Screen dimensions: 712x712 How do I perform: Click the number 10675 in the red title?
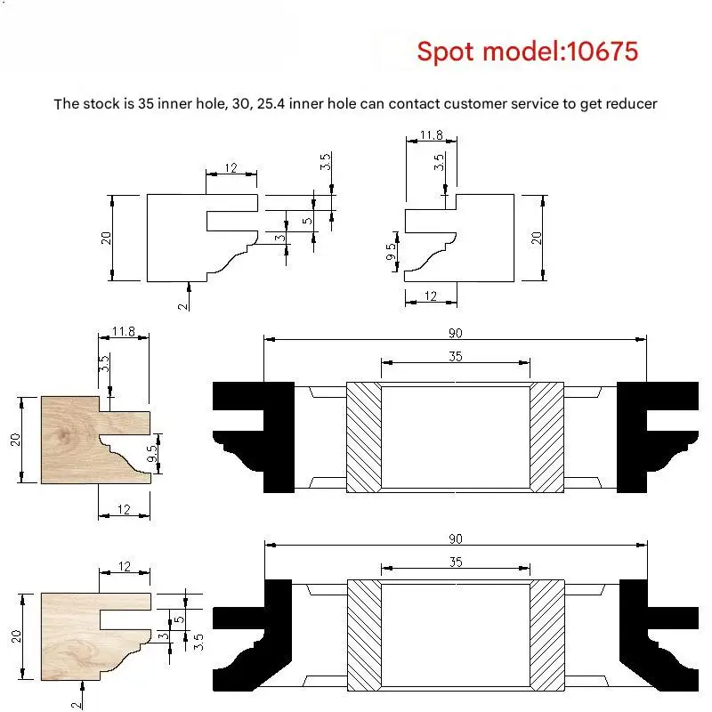coord(603,51)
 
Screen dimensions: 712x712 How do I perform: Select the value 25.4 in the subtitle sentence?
coord(271,104)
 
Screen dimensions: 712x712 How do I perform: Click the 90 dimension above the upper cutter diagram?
coord(455,333)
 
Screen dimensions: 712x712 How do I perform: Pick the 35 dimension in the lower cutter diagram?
coord(456,562)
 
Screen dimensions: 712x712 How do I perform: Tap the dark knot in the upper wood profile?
coord(64,435)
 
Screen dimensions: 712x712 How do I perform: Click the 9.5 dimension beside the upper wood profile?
coord(153,453)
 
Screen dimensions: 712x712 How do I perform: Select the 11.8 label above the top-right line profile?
coord(431,135)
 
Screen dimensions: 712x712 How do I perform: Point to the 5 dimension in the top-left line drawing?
coord(307,221)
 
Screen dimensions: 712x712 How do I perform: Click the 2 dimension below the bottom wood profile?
coord(77,705)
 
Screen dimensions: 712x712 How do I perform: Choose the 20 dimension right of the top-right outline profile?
coord(537,238)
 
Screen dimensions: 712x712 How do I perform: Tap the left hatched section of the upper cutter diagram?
coord(364,437)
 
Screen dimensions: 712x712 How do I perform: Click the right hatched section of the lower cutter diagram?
coord(547,635)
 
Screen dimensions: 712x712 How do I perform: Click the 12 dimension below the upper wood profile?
coord(124,509)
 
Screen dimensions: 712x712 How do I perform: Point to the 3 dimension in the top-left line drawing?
coord(280,238)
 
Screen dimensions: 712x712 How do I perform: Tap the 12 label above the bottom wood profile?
coord(125,566)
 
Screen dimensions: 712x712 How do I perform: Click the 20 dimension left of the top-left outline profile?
coord(106,238)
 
